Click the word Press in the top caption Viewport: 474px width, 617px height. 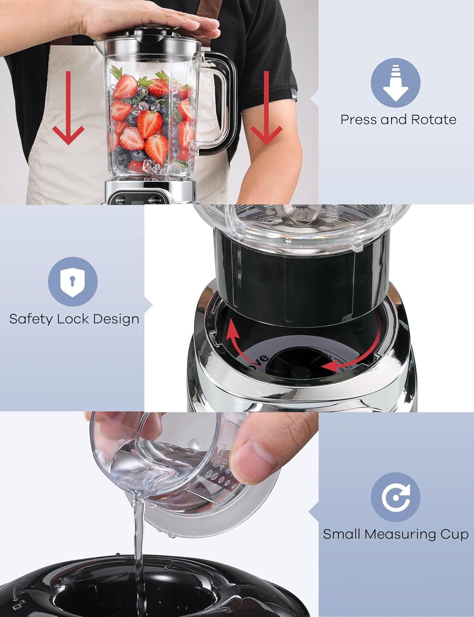pos(359,120)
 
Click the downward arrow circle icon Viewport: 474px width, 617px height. pos(395,83)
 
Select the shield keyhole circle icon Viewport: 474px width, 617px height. pos(73,282)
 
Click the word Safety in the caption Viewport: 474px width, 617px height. pos(31,319)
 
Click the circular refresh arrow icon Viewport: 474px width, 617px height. pos(395,497)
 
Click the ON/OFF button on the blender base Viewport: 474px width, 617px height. pos(121,200)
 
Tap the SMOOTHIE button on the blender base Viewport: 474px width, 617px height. pos(155,200)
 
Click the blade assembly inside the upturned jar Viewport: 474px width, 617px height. pos(303,214)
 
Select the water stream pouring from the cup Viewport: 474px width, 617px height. pos(138,543)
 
